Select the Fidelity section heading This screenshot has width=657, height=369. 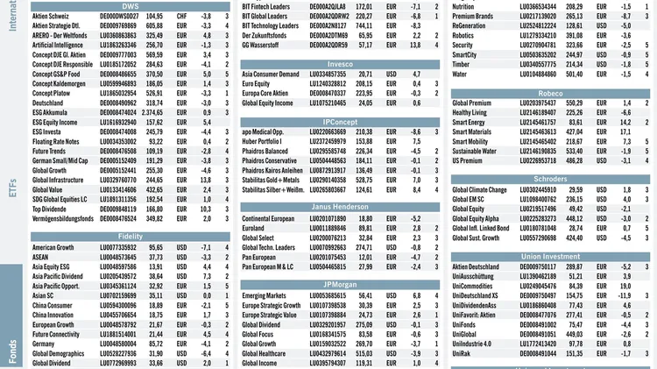(x=130, y=237)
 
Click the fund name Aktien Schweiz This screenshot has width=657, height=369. (x=53, y=16)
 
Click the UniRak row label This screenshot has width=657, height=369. (x=465, y=353)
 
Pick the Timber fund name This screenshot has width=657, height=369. (x=463, y=65)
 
